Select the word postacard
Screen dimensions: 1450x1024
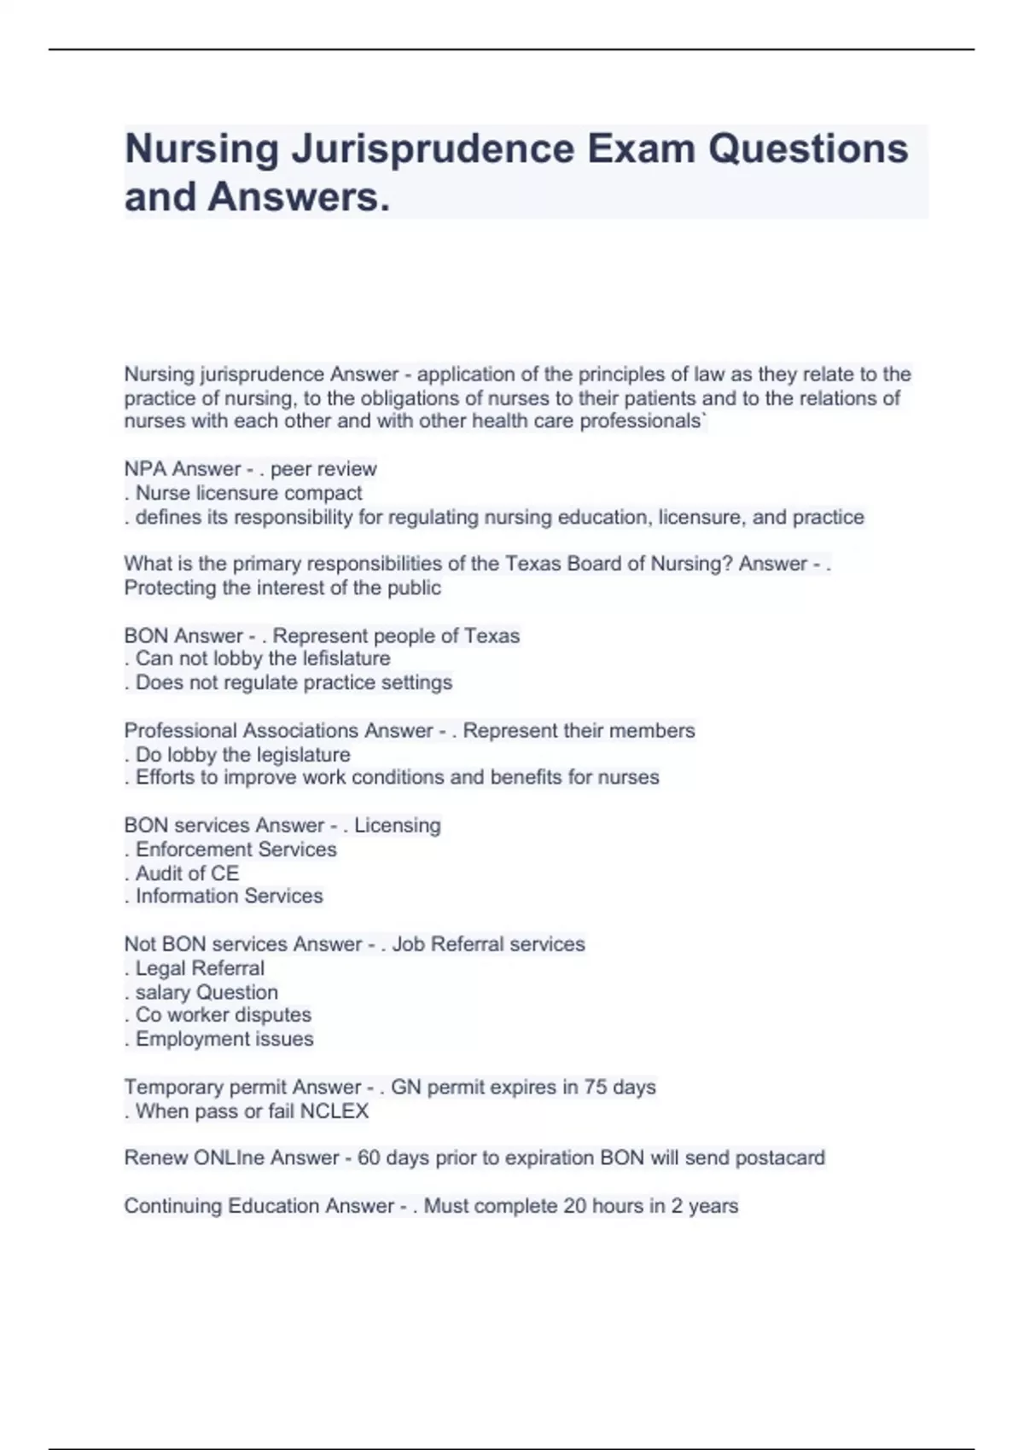tap(780, 1158)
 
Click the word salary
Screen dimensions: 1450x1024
tap(162, 993)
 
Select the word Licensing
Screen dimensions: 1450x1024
tap(397, 826)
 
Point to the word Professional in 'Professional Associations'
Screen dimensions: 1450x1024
tap(180, 731)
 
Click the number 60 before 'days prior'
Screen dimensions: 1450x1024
tap(369, 1158)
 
